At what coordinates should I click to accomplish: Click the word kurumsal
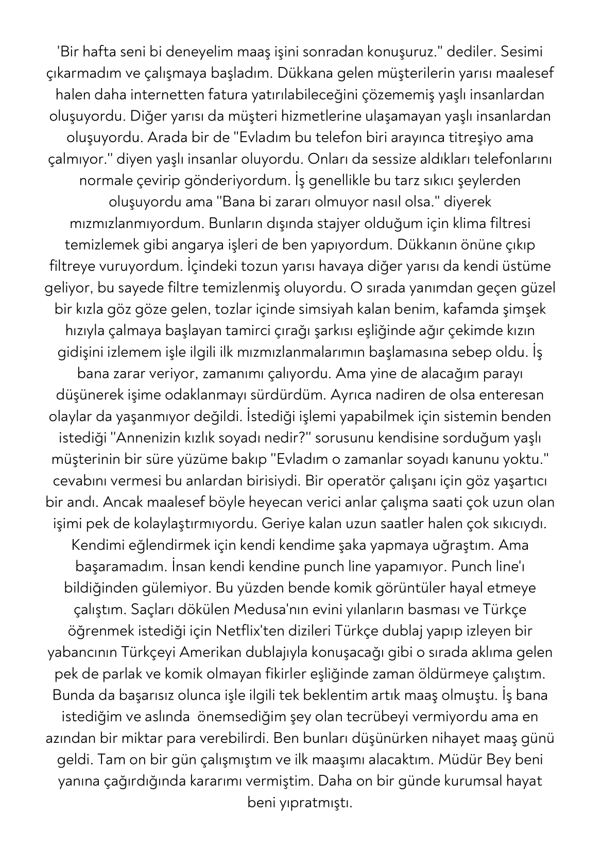tap(469, 781)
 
